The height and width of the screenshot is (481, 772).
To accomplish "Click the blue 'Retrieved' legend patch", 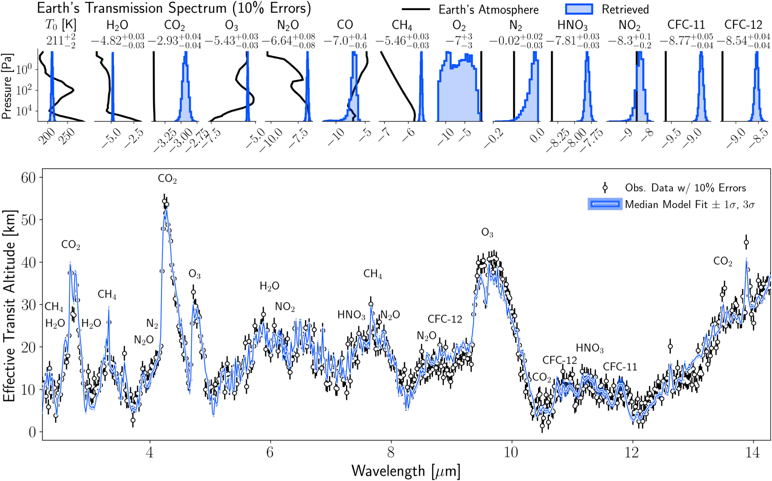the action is [578, 9].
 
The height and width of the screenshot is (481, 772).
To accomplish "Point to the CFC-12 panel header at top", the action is [743, 25].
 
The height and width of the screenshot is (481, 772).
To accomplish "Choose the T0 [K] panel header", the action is [60, 25].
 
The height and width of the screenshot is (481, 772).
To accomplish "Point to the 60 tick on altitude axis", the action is [28, 178].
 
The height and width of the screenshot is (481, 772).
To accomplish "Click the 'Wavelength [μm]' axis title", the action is [406, 471].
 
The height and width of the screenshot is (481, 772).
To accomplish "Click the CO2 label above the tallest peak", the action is [167, 179].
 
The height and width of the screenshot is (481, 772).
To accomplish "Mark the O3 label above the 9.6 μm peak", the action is [487, 233].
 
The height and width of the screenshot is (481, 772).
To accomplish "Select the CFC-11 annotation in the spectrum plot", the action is [620, 367].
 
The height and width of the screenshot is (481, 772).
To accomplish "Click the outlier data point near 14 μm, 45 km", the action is [746, 243].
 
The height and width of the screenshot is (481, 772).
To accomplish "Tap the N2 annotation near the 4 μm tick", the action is [152, 324].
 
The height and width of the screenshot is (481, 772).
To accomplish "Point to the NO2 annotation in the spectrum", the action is [285, 307].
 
